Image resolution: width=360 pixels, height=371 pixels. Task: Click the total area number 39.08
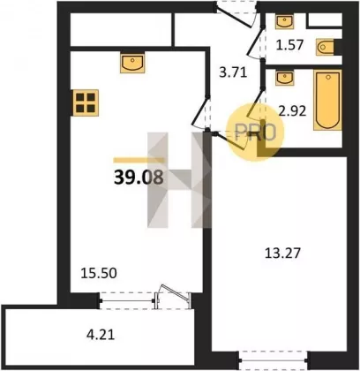[139, 178]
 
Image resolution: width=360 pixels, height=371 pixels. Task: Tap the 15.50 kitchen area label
[99, 274]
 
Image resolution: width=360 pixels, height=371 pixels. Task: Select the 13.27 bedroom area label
[282, 253]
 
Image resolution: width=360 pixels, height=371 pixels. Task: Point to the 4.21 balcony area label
[101, 335]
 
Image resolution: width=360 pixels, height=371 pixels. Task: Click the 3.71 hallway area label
[233, 72]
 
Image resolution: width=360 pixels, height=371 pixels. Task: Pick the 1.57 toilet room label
[289, 45]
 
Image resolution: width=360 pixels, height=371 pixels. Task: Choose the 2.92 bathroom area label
[293, 111]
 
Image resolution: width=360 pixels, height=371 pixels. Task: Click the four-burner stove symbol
[86, 102]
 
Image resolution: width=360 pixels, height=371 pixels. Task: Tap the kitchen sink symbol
[132, 63]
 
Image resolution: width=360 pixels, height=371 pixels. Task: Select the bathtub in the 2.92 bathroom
[327, 100]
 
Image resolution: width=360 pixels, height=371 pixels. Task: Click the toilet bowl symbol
[326, 47]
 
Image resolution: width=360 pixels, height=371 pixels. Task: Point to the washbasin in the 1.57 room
[284, 21]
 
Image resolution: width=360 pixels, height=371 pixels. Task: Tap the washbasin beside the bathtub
[284, 78]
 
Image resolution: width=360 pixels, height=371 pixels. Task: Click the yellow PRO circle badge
[255, 132]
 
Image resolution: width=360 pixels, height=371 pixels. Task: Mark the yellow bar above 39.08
[139, 160]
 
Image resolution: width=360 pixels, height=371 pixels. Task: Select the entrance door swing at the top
[236, 15]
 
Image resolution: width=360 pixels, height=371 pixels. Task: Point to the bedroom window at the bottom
[274, 360]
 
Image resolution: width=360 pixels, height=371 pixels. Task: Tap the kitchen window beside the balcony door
[127, 300]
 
